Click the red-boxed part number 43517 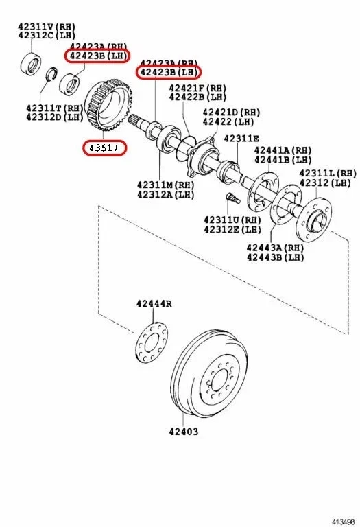104,147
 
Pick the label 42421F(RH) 198,88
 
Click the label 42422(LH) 228,121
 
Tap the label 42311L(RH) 328,174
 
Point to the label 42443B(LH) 275,257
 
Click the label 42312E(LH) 232,229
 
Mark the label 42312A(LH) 165,194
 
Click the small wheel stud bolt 231,200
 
